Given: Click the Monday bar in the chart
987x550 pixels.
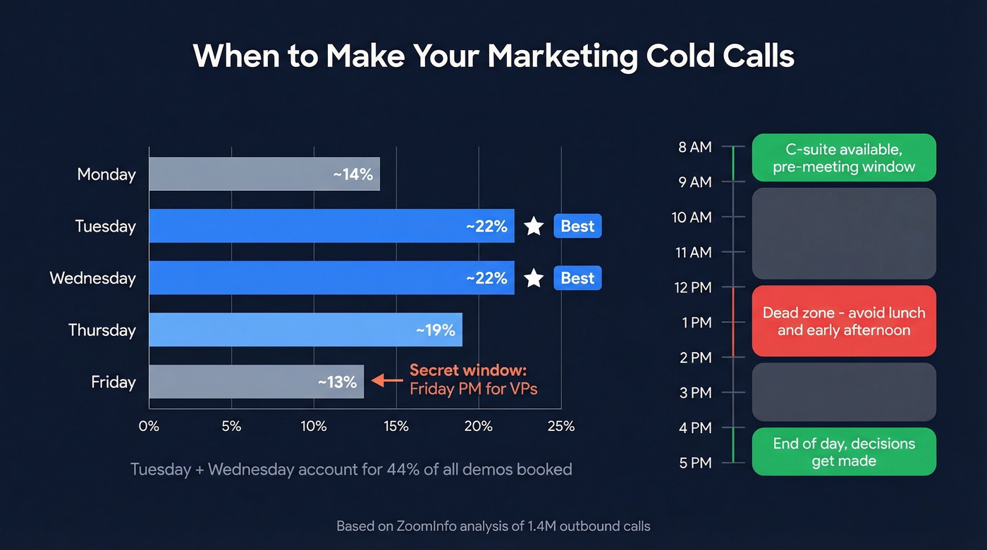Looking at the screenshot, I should [x=264, y=174].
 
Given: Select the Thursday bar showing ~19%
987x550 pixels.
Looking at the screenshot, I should [x=305, y=330].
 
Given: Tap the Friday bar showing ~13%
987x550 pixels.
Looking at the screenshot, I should [x=256, y=382].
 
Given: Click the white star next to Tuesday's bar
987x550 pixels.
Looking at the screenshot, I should [x=534, y=226].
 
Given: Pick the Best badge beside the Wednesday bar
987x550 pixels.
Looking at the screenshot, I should [x=577, y=278].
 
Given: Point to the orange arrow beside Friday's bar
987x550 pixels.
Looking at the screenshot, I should [x=387, y=380].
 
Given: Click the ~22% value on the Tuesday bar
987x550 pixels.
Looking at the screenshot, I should [x=486, y=226].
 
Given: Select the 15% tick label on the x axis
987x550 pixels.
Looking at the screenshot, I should [x=396, y=426].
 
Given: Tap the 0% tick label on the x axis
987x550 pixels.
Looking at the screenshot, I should [x=149, y=426].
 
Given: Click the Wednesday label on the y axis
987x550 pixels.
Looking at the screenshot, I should [x=92, y=278].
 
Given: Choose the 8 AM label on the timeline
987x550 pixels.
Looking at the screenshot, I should [x=695, y=147].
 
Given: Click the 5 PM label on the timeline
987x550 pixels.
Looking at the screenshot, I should [x=695, y=463].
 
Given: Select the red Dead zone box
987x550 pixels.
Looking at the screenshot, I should [x=844, y=321].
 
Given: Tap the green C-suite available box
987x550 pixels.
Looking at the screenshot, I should [x=844, y=158].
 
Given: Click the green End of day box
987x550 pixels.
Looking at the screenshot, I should [x=844, y=452].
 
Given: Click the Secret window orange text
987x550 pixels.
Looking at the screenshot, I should [x=468, y=370].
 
